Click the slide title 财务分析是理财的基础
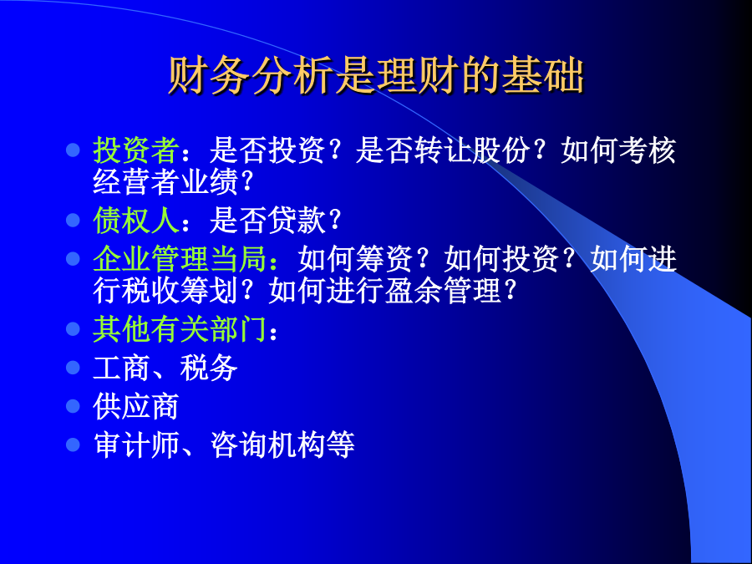(x=376, y=76)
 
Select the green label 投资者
(x=136, y=150)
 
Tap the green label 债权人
(x=136, y=221)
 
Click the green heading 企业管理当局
(x=180, y=259)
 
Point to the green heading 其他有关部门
(x=180, y=329)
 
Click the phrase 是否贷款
(x=267, y=221)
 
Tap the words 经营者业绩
(x=165, y=182)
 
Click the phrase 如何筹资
(x=355, y=259)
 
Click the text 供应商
(x=136, y=407)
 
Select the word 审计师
(x=136, y=445)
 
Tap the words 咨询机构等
(x=282, y=445)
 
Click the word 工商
(x=122, y=368)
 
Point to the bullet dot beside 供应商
(x=73, y=407)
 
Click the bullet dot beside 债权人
(x=73, y=221)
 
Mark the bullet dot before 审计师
(x=73, y=445)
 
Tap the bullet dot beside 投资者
(x=73, y=150)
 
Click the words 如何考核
(x=618, y=150)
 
